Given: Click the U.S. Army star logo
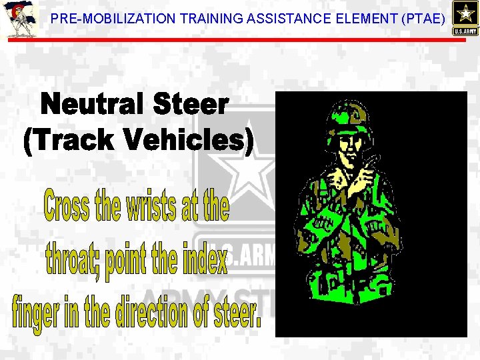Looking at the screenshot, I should click(464, 18).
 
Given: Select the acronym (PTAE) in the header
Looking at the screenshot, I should click(423, 19).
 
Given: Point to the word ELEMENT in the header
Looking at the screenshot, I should click(363, 19).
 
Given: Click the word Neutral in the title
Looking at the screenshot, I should click(94, 106).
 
